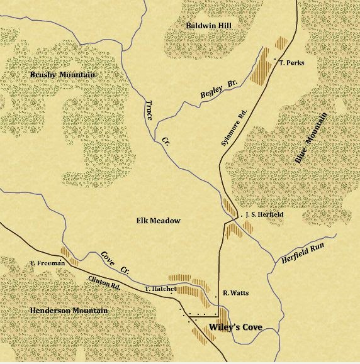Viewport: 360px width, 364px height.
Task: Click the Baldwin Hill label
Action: tap(209, 25)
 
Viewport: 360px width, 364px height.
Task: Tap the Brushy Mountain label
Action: tap(62, 75)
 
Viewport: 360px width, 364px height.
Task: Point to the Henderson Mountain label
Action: tap(69, 311)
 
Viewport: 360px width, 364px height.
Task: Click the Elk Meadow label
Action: tap(158, 221)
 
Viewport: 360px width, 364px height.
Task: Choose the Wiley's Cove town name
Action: tap(235, 326)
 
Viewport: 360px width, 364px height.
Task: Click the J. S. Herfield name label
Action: tap(262, 214)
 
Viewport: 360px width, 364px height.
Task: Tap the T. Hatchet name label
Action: tap(157, 288)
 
